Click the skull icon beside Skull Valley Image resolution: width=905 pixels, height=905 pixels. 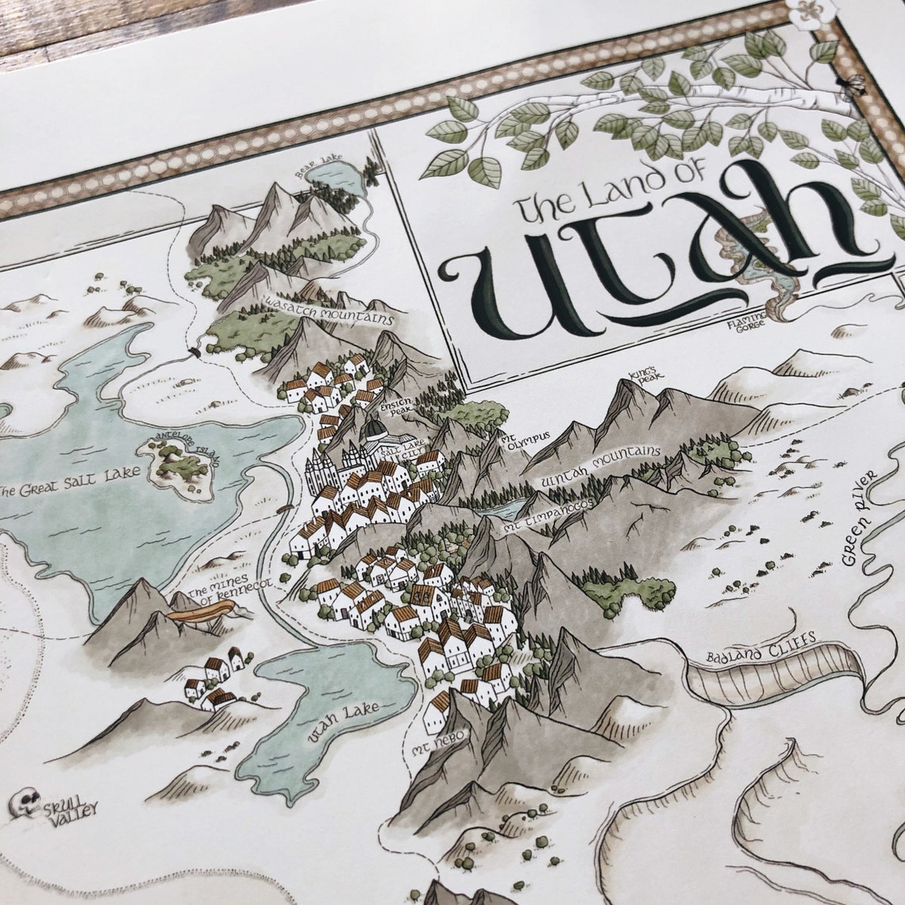tap(26, 803)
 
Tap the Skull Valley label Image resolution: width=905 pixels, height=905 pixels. tap(71, 809)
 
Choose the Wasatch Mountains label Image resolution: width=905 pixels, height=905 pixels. tap(329, 312)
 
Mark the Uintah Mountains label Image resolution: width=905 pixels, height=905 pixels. tap(599, 468)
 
